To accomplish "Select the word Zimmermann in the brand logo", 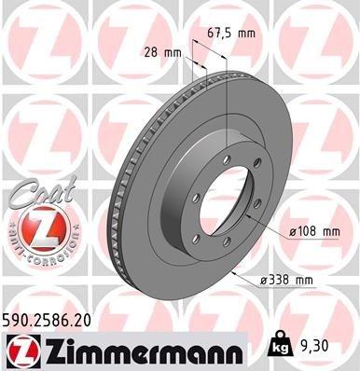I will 137,350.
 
